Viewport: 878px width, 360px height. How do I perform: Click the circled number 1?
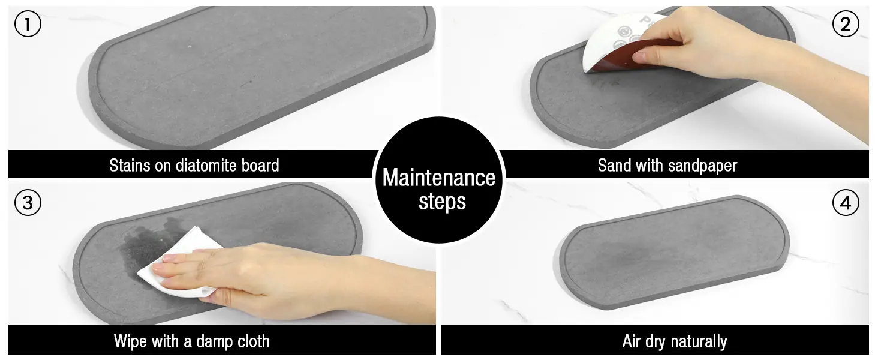tap(28, 24)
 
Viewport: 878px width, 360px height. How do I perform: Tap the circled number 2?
tap(846, 24)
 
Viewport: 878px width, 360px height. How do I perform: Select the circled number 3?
tap(28, 202)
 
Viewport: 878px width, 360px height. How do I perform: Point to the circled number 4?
tap(846, 202)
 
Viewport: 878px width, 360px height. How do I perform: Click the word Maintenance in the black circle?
tap(438, 178)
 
